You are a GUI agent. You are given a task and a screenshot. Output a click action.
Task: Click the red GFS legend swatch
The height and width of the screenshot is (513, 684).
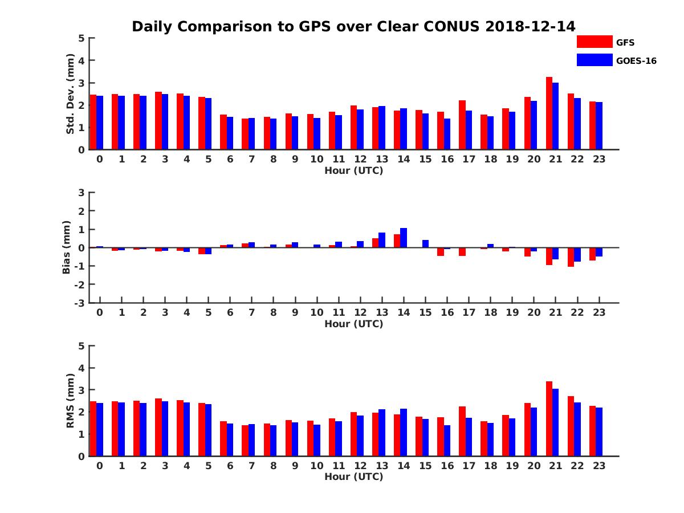click(595, 42)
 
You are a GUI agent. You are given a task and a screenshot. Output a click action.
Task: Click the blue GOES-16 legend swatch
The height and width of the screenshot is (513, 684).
click(595, 60)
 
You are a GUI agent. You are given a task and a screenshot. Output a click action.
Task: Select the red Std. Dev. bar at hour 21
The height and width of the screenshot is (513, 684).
click(549, 113)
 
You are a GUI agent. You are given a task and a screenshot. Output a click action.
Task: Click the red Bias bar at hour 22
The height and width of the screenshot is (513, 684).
click(571, 257)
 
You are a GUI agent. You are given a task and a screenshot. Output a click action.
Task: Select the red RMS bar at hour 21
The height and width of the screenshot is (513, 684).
click(549, 419)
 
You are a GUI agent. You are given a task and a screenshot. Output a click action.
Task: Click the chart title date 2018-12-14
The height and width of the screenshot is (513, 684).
click(531, 26)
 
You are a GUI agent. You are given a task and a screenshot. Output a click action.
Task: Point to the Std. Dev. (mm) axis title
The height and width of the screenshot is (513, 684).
click(70, 93)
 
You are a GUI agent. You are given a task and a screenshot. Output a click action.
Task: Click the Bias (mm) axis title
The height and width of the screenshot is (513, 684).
click(67, 247)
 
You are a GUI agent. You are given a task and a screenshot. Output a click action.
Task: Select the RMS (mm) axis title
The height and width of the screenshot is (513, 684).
click(70, 401)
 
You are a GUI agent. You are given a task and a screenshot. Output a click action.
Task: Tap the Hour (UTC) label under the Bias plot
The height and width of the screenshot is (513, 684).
click(353, 324)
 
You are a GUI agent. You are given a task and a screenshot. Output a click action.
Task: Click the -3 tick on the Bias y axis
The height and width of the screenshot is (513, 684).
click(80, 303)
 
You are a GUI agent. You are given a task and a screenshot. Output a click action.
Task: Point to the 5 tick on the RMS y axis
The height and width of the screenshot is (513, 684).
click(82, 345)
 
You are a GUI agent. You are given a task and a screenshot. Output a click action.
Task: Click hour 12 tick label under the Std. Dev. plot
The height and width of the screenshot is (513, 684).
click(360, 159)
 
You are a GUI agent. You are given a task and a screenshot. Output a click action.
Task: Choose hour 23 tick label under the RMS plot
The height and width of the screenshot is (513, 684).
click(598, 465)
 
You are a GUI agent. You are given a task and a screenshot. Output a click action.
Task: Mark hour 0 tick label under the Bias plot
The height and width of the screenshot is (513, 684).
click(100, 312)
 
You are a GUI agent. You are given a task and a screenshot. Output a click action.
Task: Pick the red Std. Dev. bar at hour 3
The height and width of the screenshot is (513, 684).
click(158, 121)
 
